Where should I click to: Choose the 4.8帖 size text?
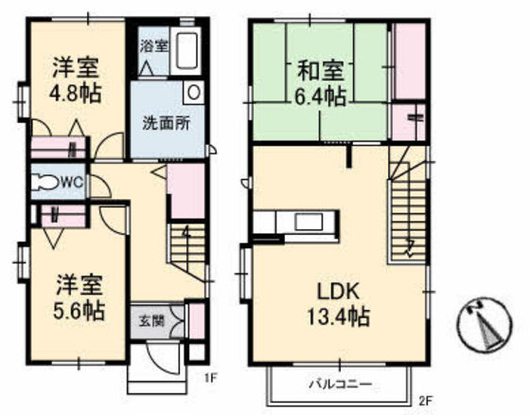(x=76, y=95)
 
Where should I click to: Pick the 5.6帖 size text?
(x=78, y=310)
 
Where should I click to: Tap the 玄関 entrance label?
(x=151, y=319)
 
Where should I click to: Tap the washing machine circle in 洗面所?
(x=193, y=94)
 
